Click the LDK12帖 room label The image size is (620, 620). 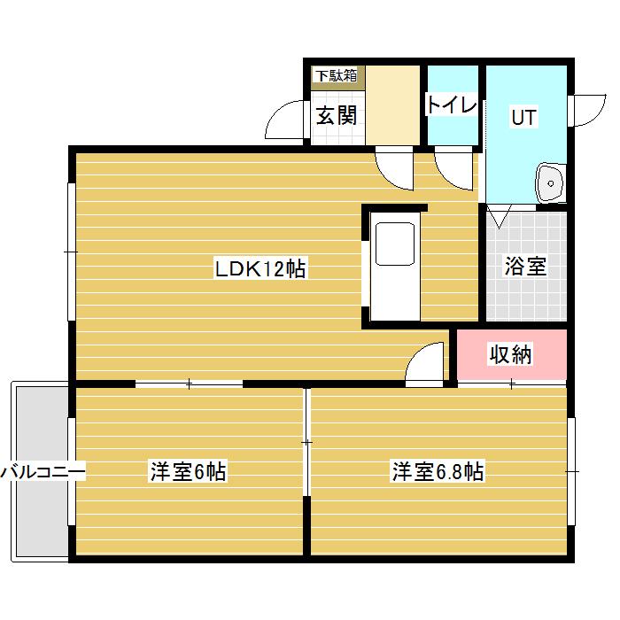[x=260, y=269]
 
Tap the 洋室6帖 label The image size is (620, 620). [x=187, y=471]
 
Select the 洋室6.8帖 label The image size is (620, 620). [x=438, y=471]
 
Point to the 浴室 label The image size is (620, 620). [x=524, y=266]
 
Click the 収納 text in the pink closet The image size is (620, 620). [x=511, y=355]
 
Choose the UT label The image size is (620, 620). [x=523, y=116]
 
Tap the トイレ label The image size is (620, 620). [x=452, y=105]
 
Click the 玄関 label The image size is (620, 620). [x=337, y=116]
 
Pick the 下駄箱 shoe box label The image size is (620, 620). [x=337, y=75]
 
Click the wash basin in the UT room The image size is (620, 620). [x=550, y=184]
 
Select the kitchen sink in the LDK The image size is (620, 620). [x=394, y=244]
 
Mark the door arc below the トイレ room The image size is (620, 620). [x=456, y=168]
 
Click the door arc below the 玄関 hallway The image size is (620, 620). [x=393, y=168]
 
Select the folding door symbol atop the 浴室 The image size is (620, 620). [x=498, y=215]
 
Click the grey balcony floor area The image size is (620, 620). [x=40, y=514]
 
